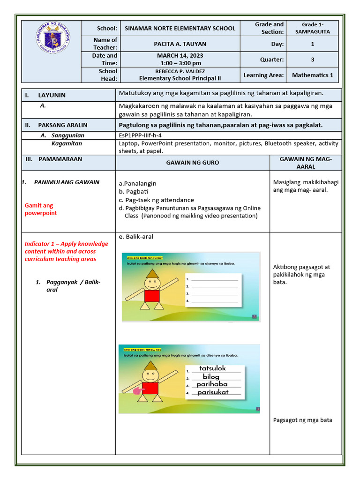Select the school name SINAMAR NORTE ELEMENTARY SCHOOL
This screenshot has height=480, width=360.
pos(180,28)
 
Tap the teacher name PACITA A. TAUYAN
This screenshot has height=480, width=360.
pos(180,44)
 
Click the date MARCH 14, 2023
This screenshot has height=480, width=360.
pos(180,56)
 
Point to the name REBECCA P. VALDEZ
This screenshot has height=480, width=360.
pos(180,71)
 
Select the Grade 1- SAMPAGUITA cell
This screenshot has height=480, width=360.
pos(312,28)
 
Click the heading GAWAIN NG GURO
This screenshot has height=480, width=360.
pos(192,162)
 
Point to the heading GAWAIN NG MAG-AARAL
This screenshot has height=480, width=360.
pos(305,163)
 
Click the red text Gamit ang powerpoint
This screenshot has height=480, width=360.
pos(41,209)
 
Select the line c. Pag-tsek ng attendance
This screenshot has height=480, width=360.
pos(156,200)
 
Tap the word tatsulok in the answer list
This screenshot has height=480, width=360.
pos(212,368)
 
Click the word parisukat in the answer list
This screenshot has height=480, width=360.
pos(213,392)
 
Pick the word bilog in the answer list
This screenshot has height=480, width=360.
pos(211,376)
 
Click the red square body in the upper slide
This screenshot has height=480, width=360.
pos(152,296)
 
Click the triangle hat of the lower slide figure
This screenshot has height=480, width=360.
pos(151,366)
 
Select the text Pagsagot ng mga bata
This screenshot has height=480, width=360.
pos(302,420)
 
